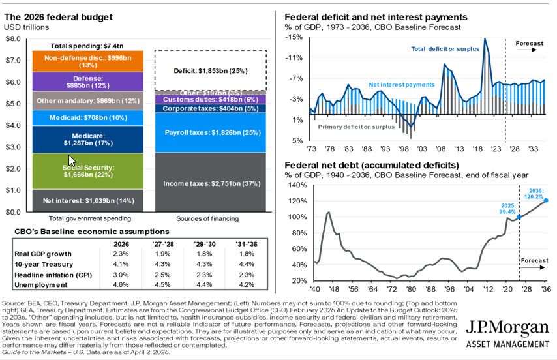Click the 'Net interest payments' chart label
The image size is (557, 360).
(x=401, y=85)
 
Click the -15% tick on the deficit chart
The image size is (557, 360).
(x=294, y=37)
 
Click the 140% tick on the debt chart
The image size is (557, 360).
(x=297, y=185)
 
